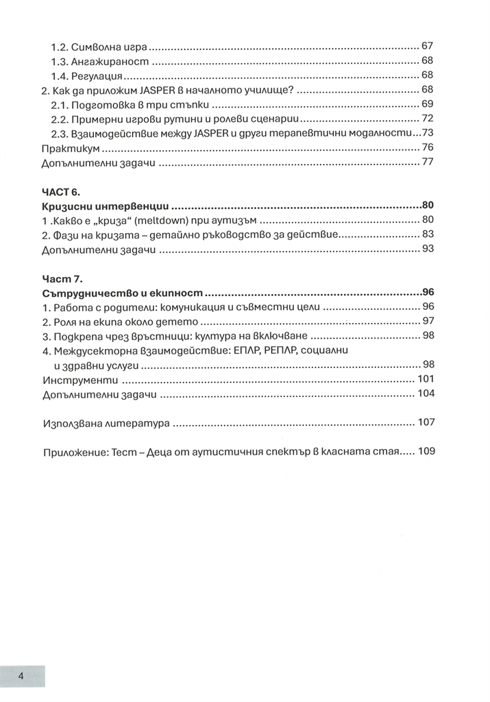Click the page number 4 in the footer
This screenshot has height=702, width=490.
(22, 675)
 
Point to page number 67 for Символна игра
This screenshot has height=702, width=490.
(427, 47)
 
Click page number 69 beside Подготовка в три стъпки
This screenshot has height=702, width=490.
(427, 104)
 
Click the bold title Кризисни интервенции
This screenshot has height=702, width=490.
(106, 205)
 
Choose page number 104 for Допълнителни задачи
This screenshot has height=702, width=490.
(425, 395)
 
